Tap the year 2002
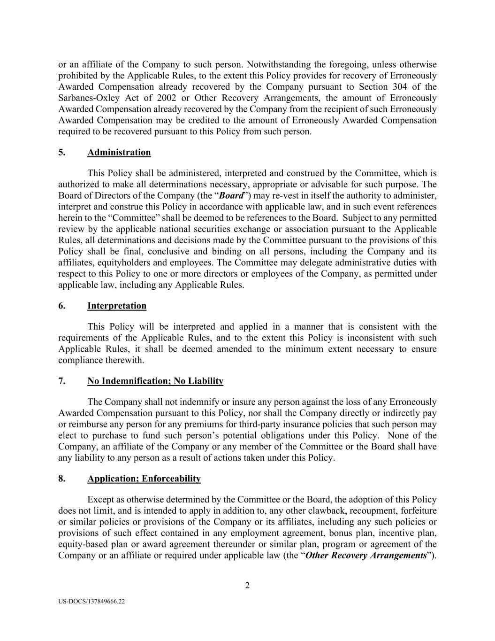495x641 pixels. [x=167, y=98]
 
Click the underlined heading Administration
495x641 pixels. [x=119, y=152]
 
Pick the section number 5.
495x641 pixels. [x=61, y=152]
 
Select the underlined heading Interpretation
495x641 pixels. [x=117, y=306]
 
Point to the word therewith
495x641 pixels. [x=124, y=360]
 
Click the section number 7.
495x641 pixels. [x=61, y=381]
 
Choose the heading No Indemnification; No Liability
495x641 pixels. [x=155, y=381]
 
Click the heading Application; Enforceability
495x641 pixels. [x=144, y=479]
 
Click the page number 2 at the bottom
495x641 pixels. [x=247, y=585]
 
